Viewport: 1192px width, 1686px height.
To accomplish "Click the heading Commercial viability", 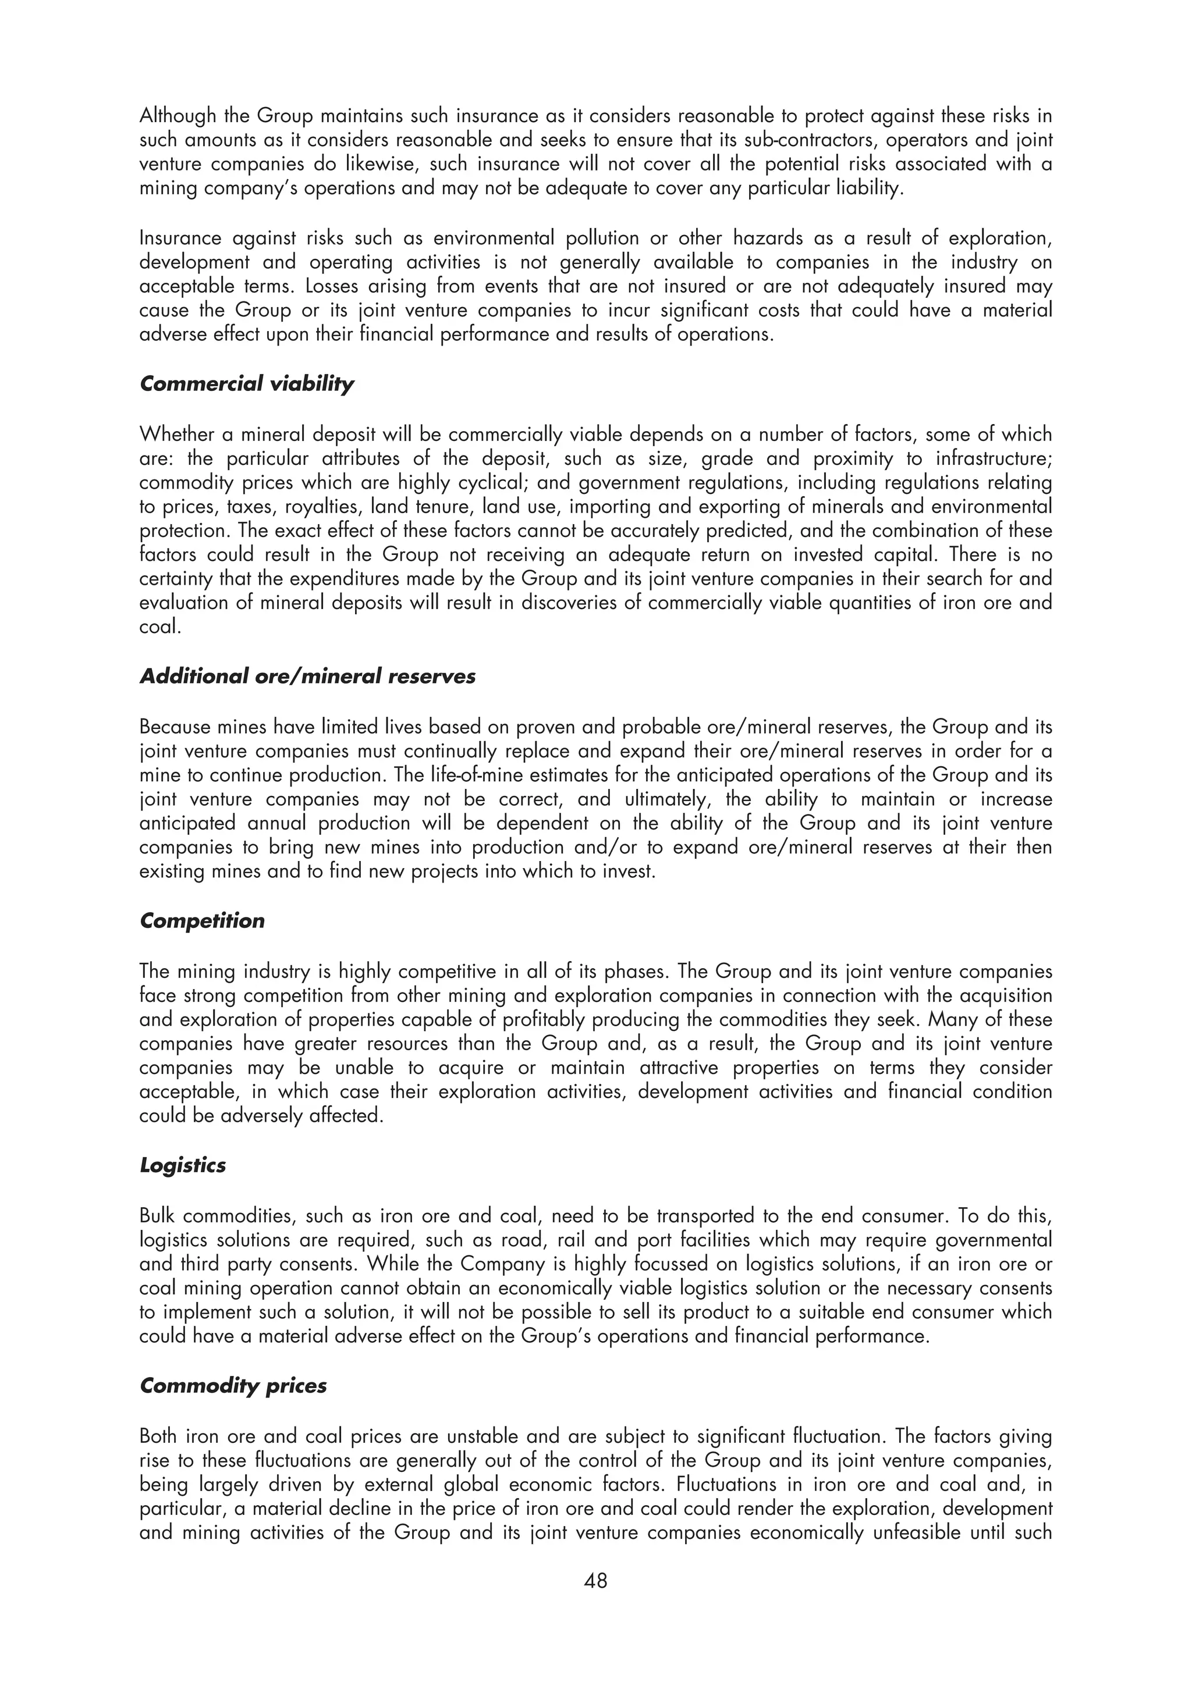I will [x=246, y=384].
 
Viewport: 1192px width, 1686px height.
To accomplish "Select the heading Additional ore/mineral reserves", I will [x=307, y=676].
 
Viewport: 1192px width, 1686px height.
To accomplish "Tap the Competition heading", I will [x=202, y=921].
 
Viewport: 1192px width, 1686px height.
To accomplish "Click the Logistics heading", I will [x=182, y=1165].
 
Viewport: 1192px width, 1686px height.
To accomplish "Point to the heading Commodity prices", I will [x=233, y=1386].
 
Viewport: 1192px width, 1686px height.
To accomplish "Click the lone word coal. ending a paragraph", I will [x=159, y=628].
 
